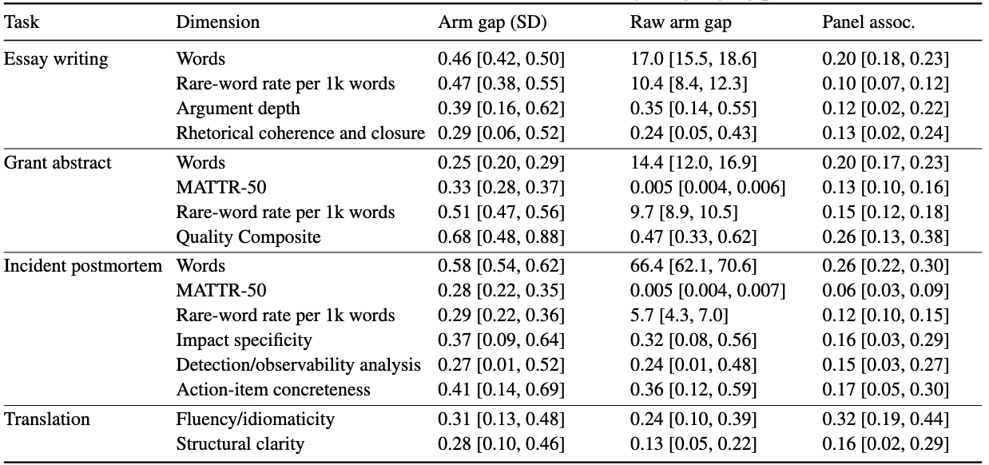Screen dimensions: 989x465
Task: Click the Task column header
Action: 22,22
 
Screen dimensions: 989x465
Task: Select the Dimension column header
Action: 217,22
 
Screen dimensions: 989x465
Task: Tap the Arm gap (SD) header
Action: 492,22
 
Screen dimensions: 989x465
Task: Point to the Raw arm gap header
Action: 681,23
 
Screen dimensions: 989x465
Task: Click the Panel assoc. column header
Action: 868,22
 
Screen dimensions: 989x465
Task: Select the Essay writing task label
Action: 56,59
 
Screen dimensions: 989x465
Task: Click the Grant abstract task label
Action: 58,163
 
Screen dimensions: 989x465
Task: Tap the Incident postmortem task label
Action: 82,266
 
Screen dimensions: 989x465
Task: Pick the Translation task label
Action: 46,419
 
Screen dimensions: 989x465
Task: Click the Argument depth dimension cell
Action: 238,109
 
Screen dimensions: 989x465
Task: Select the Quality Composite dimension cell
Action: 248,237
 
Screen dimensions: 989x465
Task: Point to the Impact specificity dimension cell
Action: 244,340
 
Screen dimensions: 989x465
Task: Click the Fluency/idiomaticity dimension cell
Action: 255,419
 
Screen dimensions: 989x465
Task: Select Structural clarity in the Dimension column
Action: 240,443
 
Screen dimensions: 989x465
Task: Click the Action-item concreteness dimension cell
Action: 273,390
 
